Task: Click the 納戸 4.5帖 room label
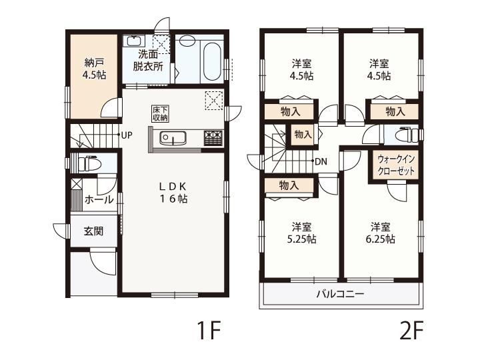(94, 69)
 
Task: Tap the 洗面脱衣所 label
(148, 60)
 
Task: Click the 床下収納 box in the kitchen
(160, 113)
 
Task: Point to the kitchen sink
(173, 138)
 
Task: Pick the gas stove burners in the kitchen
(213, 138)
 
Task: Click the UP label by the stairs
(127, 135)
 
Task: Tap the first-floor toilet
(89, 164)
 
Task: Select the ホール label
(99, 200)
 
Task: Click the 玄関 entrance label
(93, 231)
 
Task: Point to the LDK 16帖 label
(173, 192)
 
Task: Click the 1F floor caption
(209, 331)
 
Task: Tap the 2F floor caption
(411, 331)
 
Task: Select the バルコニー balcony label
(341, 294)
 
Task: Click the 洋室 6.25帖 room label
(381, 233)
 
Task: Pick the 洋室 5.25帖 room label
(301, 233)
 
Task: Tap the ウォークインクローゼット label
(396, 165)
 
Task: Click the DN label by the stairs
(321, 161)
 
